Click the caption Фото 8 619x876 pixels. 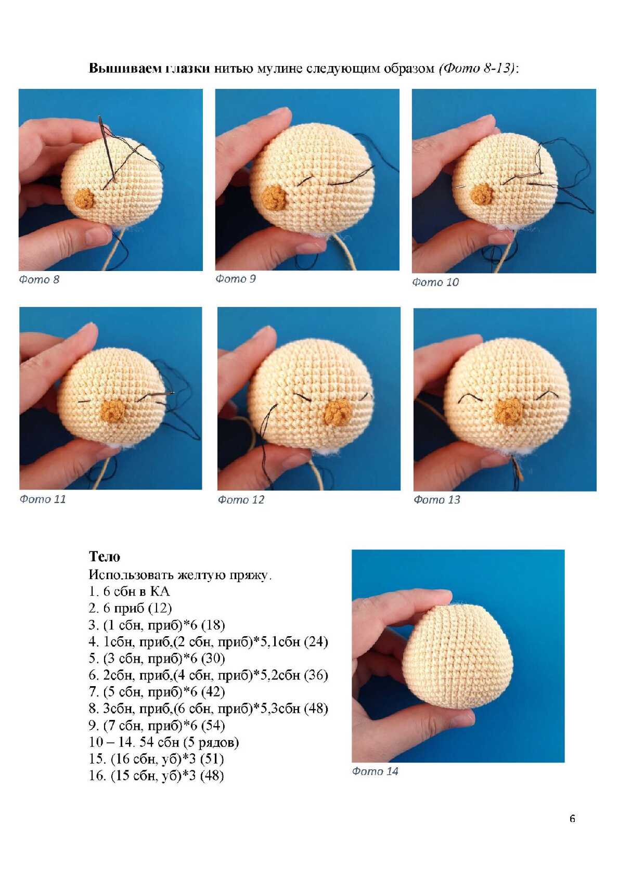click(39, 280)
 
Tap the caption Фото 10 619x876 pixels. click(435, 282)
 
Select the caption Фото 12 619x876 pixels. click(241, 500)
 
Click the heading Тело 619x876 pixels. click(105, 556)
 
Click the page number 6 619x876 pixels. click(572, 819)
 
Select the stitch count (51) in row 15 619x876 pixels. click(212, 759)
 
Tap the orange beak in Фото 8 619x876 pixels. click(85, 198)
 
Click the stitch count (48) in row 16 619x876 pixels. click(212, 776)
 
